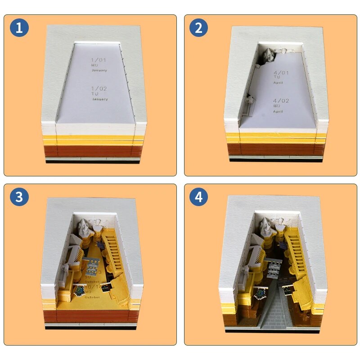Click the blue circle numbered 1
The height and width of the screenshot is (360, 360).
19,28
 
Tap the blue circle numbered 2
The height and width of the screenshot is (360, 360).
198,28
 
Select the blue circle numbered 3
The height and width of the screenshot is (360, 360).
19,197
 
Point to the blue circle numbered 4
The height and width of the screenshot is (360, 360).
198,197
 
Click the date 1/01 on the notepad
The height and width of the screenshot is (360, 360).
99,60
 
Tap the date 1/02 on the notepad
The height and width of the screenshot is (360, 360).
99,89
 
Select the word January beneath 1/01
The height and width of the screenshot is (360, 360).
100,71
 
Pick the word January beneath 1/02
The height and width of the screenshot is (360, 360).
100,99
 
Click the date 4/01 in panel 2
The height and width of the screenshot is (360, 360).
281,72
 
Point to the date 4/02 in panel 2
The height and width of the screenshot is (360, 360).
281,101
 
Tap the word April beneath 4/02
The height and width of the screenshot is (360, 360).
278,111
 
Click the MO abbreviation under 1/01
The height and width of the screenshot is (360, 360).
94,66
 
